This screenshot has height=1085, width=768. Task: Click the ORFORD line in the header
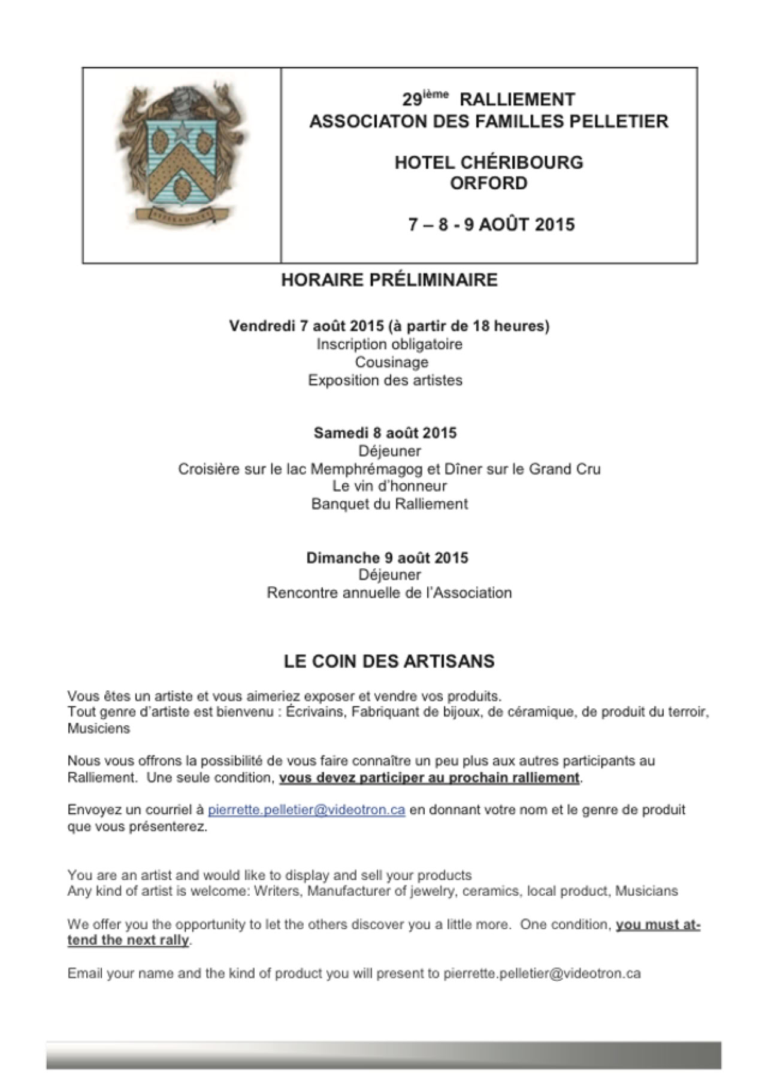(x=488, y=183)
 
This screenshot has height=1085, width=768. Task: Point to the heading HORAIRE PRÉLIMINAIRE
(x=389, y=280)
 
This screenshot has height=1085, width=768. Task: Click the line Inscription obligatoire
(x=389, y=344)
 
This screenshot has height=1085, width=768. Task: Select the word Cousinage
(x=391, y=362)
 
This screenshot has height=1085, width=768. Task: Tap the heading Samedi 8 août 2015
(x=385, y=433)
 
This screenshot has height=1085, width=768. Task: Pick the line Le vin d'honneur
(x=389, y=486)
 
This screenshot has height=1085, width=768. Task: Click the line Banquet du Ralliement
(x=389, y=504)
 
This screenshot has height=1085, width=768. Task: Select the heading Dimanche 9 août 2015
(x=387, y=558)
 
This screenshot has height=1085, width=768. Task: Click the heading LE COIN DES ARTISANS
(x=389, y=662)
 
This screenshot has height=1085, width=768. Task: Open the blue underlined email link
(x=306, y=810)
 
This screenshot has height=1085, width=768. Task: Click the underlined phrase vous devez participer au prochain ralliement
(x=429, y=778)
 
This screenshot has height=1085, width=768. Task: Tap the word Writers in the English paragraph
(x=277, y=891)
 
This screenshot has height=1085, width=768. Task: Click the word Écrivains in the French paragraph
(x=314, y=713)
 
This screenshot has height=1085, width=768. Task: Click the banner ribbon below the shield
(x=179, y=212)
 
